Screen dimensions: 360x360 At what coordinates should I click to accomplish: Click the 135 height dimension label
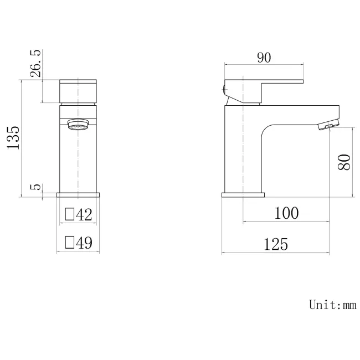(x=14, y=137)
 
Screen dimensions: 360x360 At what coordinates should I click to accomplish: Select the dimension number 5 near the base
(x=35, y=187)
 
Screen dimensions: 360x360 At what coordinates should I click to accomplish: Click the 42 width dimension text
(x=84, y=214)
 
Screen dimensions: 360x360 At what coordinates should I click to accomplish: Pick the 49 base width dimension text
(x=84, y=242)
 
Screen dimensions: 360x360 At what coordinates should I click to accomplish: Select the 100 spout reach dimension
(x=286, y=213)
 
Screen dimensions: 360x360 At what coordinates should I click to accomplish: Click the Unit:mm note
(x=332, y=304)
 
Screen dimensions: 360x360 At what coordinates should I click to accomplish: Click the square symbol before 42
(x=70, y=214)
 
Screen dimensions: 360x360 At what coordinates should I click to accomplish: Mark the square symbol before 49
(x=70, y=242)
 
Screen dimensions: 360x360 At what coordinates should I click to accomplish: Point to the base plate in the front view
(x=79, y=195)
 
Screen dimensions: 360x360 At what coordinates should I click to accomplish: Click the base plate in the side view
(x=243, y=195)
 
